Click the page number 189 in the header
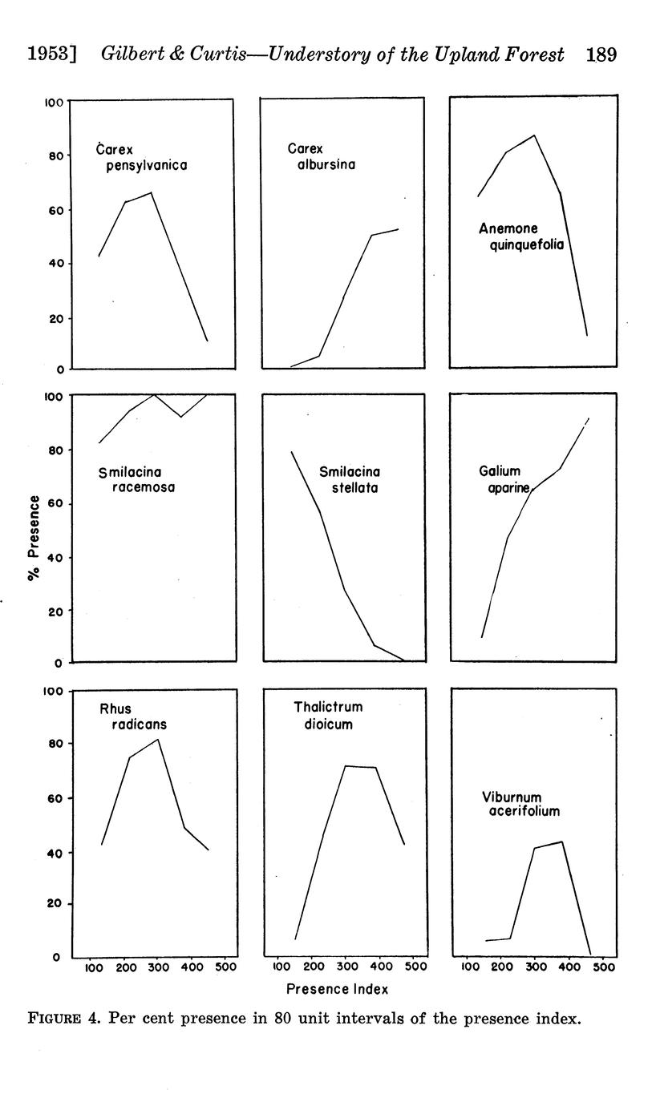601,55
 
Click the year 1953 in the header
51,55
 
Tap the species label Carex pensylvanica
141,158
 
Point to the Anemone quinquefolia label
521,237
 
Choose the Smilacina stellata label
349,479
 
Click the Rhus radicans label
133,716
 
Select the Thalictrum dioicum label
327,715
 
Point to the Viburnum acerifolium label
520,804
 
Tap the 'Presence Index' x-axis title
337,989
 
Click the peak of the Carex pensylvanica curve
152,192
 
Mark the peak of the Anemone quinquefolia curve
534,135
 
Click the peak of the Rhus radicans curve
158,739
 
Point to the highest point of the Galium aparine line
589,418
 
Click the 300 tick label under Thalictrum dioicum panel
346,967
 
